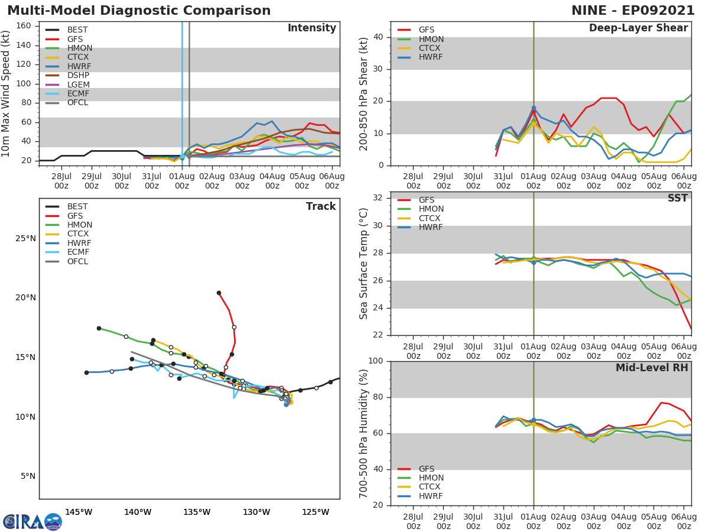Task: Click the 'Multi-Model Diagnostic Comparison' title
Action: tap(139, 11)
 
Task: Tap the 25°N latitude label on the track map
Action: tap(25, 239)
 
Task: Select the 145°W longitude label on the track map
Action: tap(79, 512)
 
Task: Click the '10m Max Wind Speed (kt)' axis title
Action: tap(6, 93)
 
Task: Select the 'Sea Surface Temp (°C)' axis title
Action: tap(364, 264)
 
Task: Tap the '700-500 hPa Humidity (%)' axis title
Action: tap(364, 433)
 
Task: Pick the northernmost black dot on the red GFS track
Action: tap(219, 293)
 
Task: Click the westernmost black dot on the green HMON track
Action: tap(99, 328)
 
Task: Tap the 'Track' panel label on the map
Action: tap(320, 206)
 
